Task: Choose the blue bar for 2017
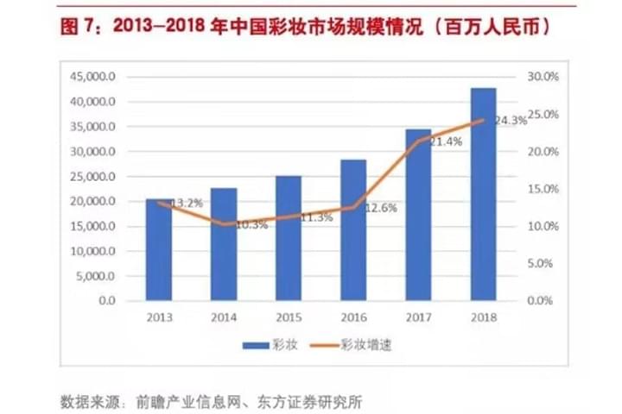418,215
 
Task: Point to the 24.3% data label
511,121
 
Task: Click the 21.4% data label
445,141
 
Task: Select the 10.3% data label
251,225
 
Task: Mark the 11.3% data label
316,217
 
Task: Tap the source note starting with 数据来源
212,399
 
